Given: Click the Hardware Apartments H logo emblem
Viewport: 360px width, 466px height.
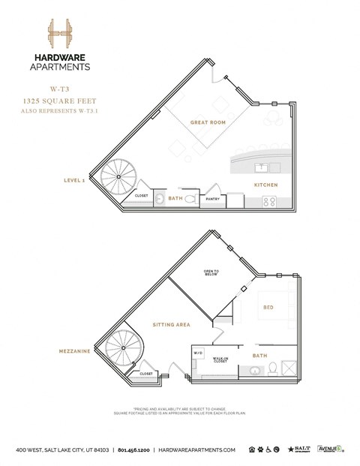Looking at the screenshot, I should tap(58, 35).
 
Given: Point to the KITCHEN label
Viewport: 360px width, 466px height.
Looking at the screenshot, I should tap(265, 184).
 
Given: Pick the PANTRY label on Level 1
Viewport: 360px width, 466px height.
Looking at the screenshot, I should tap(212, 199).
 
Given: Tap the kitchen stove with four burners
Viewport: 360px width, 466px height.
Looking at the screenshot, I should tap(271, 201).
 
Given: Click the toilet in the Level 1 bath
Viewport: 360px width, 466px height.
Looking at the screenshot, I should tap(190, 199).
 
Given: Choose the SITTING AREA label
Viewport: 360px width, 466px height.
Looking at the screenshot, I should tap(171, 325).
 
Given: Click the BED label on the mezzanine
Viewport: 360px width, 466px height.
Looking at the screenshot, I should tap(268, 307).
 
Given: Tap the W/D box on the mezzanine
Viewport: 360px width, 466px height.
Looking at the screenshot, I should tap(199, 352).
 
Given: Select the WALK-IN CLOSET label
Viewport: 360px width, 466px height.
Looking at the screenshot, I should tap(220, 360).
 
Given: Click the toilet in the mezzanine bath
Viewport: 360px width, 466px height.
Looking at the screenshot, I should tap(273, 368).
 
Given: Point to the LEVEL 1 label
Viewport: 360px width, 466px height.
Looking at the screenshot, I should tap(76, 181).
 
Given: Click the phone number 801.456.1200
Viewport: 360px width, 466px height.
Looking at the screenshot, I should tap(133, 449).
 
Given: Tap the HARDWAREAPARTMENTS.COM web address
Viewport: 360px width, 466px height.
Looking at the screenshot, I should tap(197, 449).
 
